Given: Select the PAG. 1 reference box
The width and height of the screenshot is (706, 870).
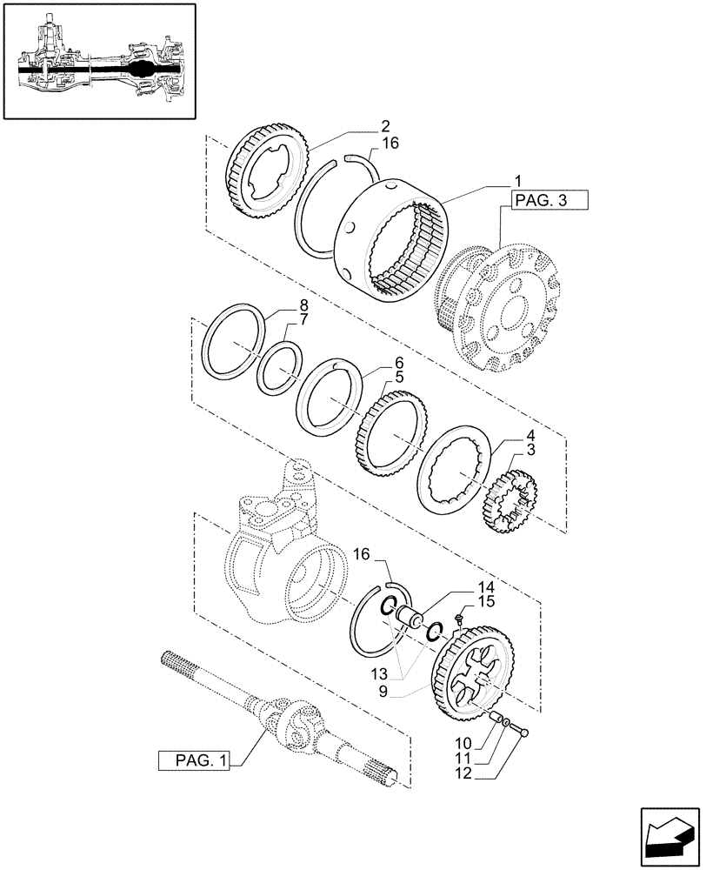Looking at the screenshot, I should pyautogui.click(x=192, y=760).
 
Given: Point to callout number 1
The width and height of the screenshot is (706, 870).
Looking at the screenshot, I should pyautogui.click(x=518, y=181).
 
